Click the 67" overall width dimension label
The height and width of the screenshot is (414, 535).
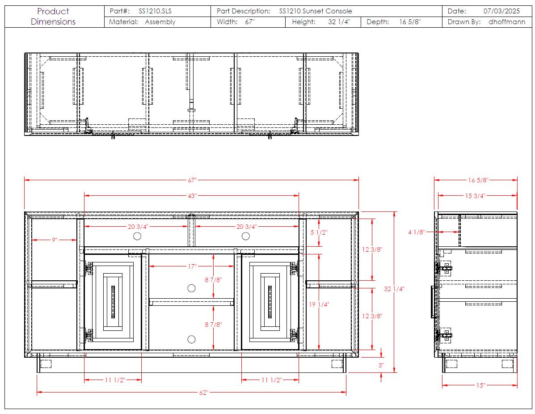click(192, 180)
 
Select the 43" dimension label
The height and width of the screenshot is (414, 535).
click(192, 196)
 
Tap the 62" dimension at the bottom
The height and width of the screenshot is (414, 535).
click(203, 393)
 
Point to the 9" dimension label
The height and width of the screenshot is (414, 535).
click(55, 240)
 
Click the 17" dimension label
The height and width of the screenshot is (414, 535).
click(192, 266)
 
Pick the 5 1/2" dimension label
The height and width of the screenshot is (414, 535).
click(319, 232)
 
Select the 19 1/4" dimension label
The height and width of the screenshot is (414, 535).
click(319, 304)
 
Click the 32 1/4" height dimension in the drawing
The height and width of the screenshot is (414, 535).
click(394, 289)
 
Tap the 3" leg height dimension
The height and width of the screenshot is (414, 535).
click(381, 365)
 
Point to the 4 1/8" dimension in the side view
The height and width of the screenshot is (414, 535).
click(417, 232)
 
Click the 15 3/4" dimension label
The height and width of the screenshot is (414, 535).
click(475, 196)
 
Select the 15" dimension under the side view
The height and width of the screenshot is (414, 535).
click(480, 385)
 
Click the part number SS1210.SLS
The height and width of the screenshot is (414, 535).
click(155, 11)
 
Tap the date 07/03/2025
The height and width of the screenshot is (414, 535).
click(501, 11)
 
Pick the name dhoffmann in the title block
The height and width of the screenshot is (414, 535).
click(507, 22)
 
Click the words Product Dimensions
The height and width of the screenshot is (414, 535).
click(53, 17)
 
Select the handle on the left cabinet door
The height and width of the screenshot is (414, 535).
click(113, 302)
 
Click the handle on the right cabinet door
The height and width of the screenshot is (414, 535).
click(270, 302)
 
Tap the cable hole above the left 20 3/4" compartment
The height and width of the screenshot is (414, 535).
click(137, 236)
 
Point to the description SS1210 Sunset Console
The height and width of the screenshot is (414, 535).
click(316, 11)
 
